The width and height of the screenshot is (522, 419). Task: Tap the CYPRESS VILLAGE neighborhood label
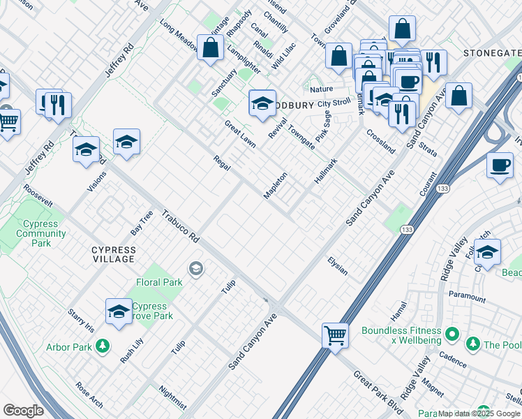coord(103,254)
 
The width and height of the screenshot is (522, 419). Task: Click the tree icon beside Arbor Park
coord(103,346)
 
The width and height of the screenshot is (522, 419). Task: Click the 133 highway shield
coord(404,229)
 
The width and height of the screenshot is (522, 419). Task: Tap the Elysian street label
coord(337,265)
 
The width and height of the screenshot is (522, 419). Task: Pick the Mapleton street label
coord(276,185)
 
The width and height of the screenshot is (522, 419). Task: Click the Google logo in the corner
coord(23,410)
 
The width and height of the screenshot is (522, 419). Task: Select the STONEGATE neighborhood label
coord(492,53)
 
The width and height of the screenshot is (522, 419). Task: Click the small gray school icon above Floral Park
coord(196,268)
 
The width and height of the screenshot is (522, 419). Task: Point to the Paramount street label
coord(467,297)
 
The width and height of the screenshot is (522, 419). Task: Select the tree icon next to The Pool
coord(473,344)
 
